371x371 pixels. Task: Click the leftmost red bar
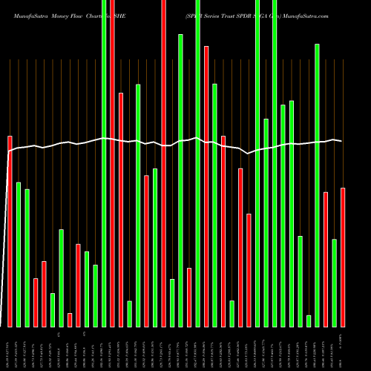pyautogui.click(x=10, y=231)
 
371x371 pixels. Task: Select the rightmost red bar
pyautogui.click(x=343, y=257)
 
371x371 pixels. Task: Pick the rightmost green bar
pyautogui.click(x=335, y=283)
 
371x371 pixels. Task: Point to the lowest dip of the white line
pyautogui.click(x=249, y=153)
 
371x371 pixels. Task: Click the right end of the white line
pyautogui.click(x=342, y=141)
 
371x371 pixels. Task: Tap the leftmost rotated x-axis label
pyautogui.click(x=10, y=347)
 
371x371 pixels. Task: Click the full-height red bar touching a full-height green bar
pyautogui.click(x=112, y=163)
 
